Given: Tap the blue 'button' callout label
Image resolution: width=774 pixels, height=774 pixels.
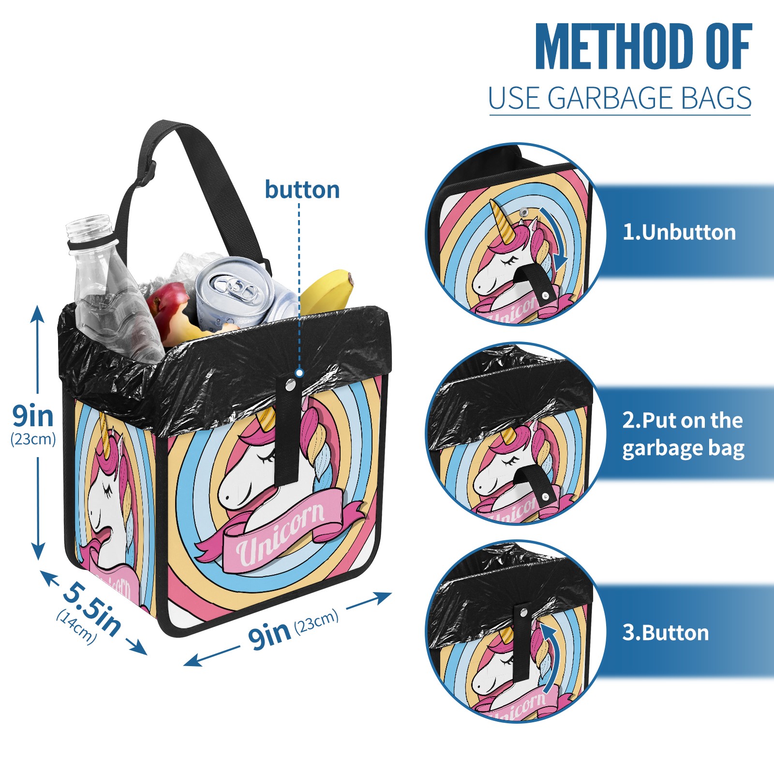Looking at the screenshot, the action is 302,190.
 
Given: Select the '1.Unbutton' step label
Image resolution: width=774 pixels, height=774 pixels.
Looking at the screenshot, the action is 679,232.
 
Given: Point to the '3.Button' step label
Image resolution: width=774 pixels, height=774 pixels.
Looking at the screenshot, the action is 666,633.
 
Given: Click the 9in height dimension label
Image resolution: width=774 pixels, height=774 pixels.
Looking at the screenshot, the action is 32,416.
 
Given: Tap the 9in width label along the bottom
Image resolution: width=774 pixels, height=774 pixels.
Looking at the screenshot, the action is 269,635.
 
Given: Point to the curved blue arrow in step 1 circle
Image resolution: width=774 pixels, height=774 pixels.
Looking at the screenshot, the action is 554,238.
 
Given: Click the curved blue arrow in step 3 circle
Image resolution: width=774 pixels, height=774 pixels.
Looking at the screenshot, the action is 551,657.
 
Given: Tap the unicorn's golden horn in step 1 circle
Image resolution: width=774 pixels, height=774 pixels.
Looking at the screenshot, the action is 504,223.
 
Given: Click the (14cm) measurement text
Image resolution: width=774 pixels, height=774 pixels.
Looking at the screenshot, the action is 76,627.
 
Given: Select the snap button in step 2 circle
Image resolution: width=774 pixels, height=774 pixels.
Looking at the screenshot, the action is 545,497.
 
